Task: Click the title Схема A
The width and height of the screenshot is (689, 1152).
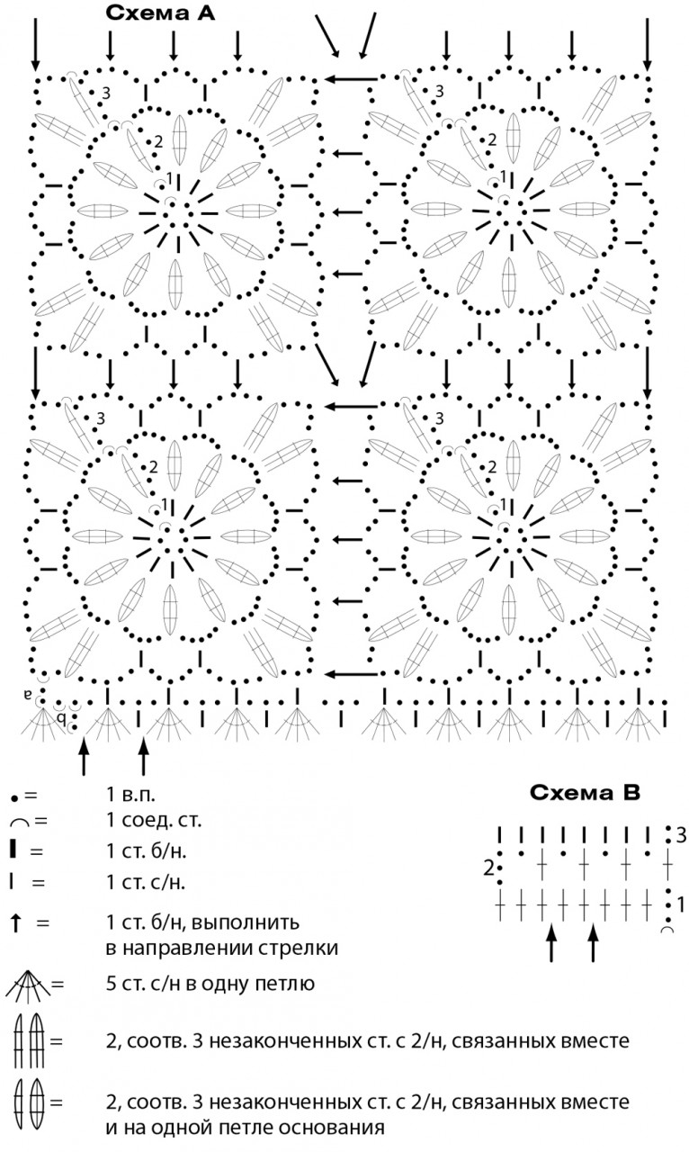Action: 160,13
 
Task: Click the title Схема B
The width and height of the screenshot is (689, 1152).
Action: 586,793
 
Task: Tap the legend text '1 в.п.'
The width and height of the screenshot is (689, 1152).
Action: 130,795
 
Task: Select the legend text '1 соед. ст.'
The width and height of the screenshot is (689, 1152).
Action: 154,820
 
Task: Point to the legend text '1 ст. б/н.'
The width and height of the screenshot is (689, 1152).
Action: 147,851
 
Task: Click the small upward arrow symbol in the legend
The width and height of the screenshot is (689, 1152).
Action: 16,923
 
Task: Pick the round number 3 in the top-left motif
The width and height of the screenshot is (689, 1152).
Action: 106,93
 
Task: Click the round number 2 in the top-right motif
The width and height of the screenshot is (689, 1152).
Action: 492,139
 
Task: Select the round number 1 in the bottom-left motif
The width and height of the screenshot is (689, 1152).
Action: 165,503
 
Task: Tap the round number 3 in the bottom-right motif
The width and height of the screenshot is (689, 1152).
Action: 439,418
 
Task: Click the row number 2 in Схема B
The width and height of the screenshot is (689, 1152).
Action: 488,868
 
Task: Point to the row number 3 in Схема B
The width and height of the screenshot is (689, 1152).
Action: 681,836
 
